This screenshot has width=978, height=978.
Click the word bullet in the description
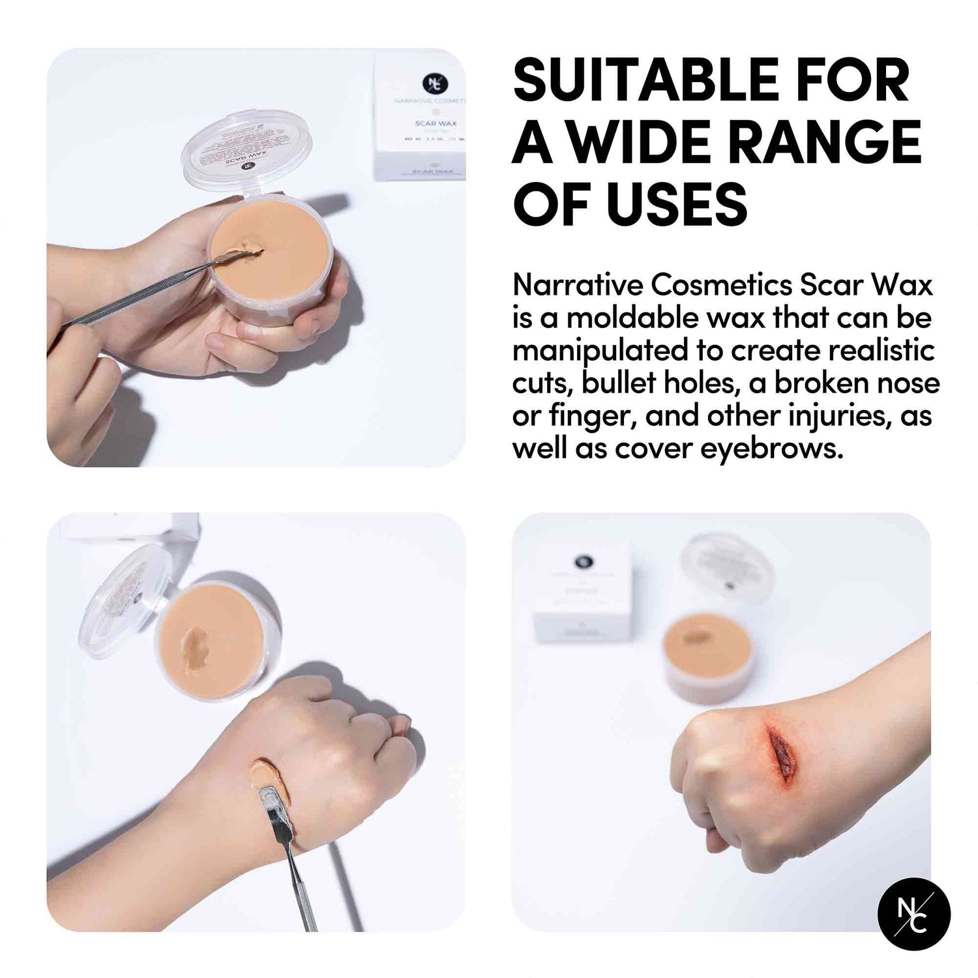[618, 383]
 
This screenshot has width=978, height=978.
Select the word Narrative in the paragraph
[576, 286]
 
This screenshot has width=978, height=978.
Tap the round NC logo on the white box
[432, 83]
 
